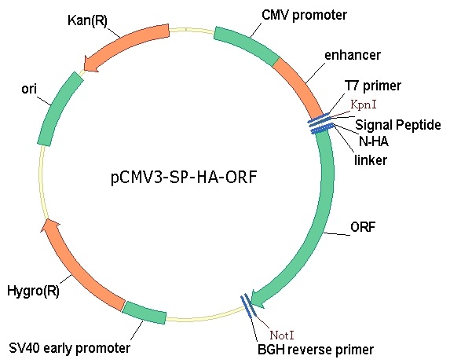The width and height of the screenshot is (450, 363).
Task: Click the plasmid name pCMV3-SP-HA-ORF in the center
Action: click(x=184, y=178)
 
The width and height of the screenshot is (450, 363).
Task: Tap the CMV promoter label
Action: click(x=304, y=15)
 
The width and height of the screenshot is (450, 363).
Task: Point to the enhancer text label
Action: click(x=353, y=55)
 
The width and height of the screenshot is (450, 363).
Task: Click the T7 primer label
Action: click(x=373, y=86)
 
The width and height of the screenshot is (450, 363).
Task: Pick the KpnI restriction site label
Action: click(x=364, y=104)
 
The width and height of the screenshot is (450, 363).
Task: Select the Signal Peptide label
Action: click(x=398, y=125)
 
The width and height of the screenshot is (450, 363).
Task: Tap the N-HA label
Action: click(x=374, y=141)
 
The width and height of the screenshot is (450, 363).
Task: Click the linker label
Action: click(x=371, y=159)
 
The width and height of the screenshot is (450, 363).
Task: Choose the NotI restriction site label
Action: click(x=282, y=335)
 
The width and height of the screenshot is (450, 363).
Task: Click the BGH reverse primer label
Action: click(x=316, y=350)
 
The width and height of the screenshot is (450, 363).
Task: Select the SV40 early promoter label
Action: click(x=70, y=348)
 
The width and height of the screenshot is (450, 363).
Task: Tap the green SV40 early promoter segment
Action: click(x=145, y=313)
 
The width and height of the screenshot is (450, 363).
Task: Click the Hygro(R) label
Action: click(x=33, y=291)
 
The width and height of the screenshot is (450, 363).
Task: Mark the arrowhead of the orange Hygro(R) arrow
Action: click(x=49, y=225)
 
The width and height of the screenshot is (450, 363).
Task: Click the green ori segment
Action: click(x=60, y=108)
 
